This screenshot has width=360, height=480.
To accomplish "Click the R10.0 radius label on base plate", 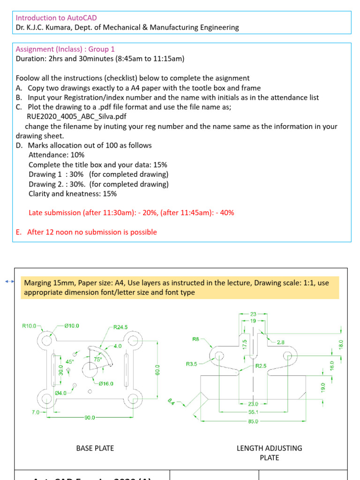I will tap(29, 326).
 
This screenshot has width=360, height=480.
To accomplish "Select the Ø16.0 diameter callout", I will tap(105, 383).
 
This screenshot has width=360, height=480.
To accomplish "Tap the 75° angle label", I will tap(98, 359).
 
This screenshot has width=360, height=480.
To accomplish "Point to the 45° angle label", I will tap(69, 361).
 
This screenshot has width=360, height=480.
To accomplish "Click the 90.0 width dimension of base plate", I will tap(90, 417).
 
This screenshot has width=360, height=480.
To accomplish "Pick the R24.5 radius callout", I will tap(120, 327).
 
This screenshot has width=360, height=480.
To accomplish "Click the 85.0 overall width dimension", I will tap(254, 421).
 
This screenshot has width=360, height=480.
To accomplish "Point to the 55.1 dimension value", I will tap(254, 412).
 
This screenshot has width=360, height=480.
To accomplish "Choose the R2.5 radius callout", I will tap(261, 366).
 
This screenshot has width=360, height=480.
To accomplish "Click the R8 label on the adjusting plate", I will tap(195, 338).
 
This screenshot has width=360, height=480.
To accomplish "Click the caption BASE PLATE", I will tap(95, 448).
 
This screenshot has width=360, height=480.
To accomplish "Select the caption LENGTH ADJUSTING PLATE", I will tap(270, 453).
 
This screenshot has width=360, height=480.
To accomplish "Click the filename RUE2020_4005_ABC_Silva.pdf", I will tap(73, 117).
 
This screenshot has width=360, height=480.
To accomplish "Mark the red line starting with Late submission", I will tap(131, 213).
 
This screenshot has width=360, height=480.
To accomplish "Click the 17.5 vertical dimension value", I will tap(244, 345).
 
